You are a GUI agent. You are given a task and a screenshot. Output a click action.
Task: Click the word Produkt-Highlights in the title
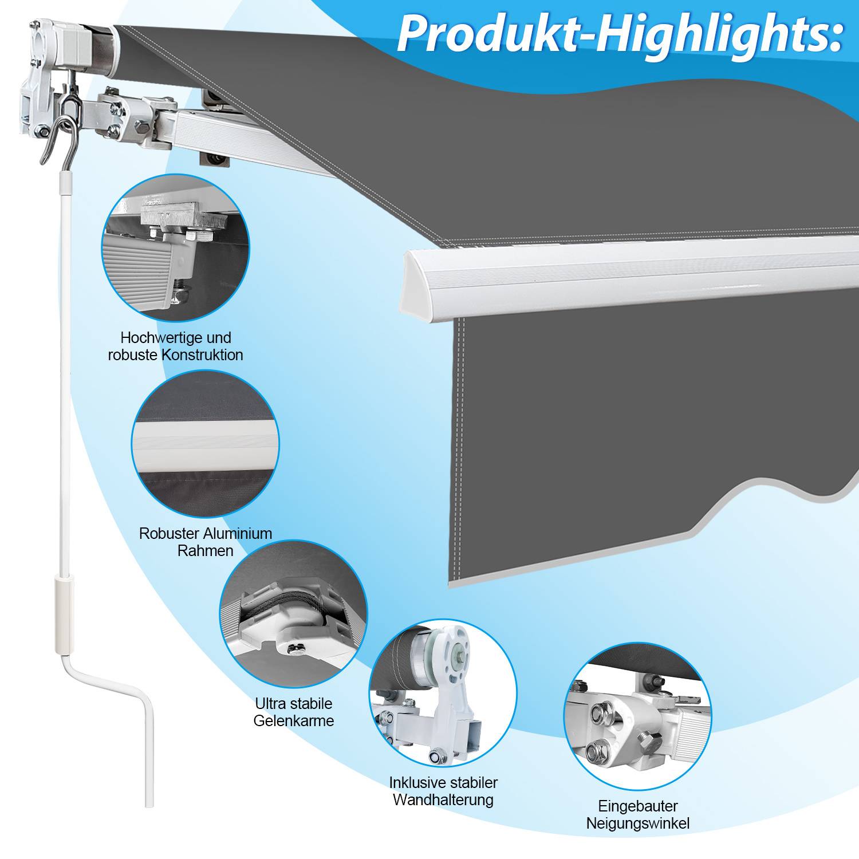pos(620,33)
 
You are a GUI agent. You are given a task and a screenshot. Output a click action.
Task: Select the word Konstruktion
pos(202,355)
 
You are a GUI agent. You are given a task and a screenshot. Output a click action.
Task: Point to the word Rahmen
pos(206,551)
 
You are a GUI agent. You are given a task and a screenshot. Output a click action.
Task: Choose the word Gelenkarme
pos(294,720)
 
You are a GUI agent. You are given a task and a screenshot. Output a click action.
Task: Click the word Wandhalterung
pos(443,799)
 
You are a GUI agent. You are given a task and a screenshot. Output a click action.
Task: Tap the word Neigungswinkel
pos(638,823)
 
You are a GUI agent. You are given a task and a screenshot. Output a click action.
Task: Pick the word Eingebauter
pos(638,806)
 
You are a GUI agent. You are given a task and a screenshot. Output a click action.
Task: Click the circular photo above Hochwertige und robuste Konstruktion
pos(176,248)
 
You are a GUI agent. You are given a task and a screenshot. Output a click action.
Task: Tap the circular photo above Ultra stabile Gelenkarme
pos(294,614)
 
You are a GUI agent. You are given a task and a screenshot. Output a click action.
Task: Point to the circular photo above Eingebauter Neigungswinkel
pos(638,717)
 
